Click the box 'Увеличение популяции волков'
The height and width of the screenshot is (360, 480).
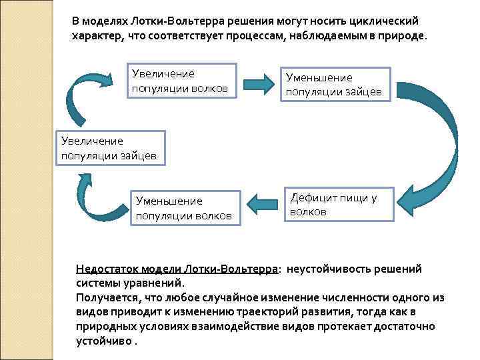(x=181, y=81)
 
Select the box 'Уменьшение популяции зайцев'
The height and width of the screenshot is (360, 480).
(x=334, y=85)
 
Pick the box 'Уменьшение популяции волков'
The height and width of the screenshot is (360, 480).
(x=184, y=208)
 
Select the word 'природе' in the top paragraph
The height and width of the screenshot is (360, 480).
(x=401, y=36)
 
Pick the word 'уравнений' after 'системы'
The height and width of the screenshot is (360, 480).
(x=148, y=283)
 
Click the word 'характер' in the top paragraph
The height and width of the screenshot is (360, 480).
(x=96, y=36)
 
